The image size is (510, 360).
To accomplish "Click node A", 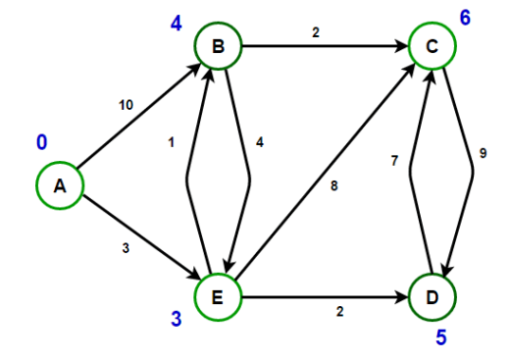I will (x=60, y=186).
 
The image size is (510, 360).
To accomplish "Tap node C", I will (x=433, y=45).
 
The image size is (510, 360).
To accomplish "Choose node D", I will (x=433, y=294).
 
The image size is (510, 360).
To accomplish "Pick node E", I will (x=218, y=294).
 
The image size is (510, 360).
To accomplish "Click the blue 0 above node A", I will (x=41, y=143).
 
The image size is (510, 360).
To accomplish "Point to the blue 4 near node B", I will (x=177, y=22).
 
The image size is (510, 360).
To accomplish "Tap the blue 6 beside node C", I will (x=466, y=18).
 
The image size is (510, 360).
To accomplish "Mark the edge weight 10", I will (x=127, y=104).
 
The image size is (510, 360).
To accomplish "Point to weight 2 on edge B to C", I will (x=316, y=33).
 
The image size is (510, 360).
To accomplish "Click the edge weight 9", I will (x=483, y=153).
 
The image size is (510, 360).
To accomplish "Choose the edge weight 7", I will (x=394, y=160).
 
